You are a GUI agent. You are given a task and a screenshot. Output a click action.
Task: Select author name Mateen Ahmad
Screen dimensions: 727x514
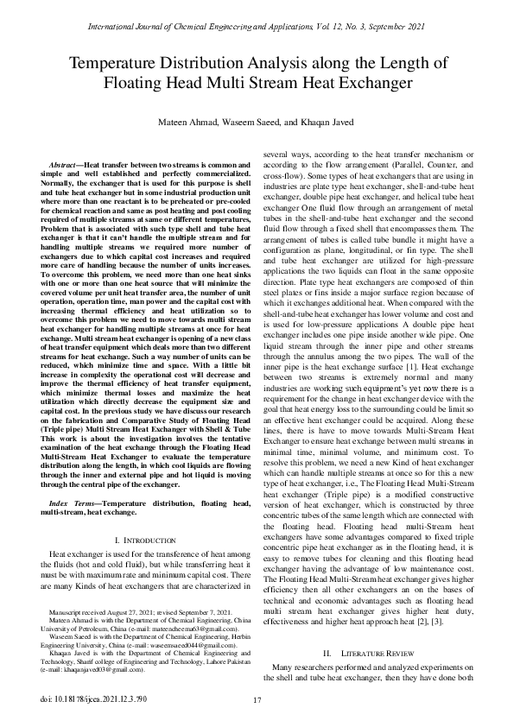[x=190, y=121]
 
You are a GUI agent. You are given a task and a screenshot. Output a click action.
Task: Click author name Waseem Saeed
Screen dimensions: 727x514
[x=253, y=121]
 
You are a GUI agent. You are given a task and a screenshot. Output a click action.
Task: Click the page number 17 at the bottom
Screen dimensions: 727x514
[x=257, y=699]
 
